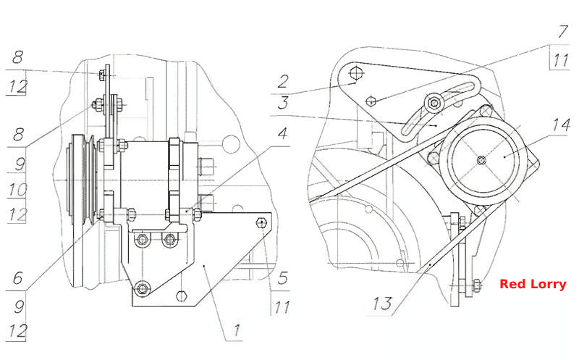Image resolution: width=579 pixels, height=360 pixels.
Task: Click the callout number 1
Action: point(237,330)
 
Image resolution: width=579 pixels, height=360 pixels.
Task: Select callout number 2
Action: point(283,81)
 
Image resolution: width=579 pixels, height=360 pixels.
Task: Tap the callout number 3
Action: point(283,102)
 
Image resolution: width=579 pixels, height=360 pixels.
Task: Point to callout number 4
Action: point(282,133)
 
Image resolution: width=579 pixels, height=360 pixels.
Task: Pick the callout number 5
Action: point(282,277)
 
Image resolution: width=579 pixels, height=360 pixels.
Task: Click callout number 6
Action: point(17,277)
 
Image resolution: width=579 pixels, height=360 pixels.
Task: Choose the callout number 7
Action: point(562,32)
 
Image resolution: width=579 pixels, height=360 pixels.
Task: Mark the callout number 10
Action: point(17,190)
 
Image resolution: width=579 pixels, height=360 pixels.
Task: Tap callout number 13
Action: point(382,304)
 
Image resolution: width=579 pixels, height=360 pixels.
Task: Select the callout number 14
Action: point(561,125)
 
